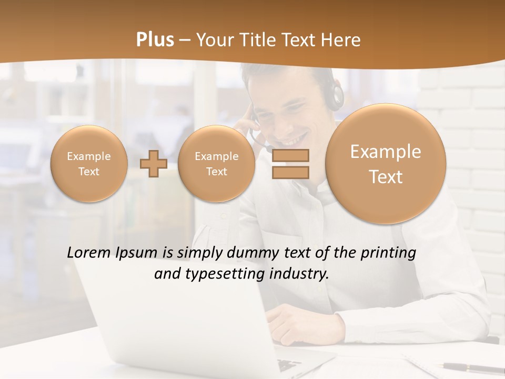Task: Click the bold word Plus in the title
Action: pos(155,40)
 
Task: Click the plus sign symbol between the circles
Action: pos(153,164)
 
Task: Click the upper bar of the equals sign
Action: pos(290,155)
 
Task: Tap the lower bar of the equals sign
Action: pos(290,172)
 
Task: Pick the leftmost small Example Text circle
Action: pos(89,164)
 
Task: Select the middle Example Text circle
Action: pos(216,164)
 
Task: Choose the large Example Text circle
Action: pos(386,164)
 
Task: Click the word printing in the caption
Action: pos(388,253)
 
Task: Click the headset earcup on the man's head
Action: pos(335,95)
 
